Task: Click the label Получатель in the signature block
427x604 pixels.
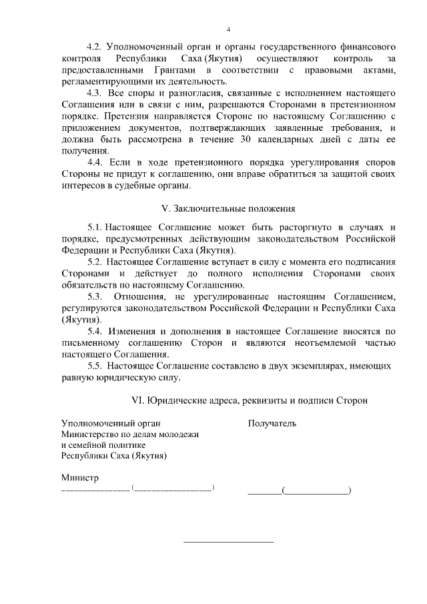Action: coord(272,422)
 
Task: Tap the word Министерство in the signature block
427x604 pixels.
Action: coord(90,434)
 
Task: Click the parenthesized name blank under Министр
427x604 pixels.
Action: coord(173,489)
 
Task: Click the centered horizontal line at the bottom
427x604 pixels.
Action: coord(228,541)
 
